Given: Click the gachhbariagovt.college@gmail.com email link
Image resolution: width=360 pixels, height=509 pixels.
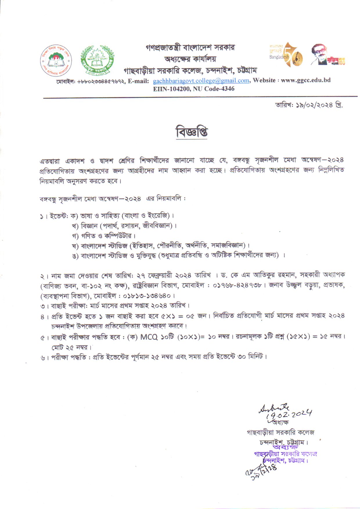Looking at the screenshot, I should click(x=201, y=81).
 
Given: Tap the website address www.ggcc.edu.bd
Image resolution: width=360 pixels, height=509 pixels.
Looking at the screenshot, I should click(x=306, y=80).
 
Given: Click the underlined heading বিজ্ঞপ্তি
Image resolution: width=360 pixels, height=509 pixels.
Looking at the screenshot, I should click(x=192, y=132).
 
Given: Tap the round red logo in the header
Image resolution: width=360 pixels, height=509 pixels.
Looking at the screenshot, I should click(x=56, y=61).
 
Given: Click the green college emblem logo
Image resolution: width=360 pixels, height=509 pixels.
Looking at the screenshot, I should click(x=97, y=61).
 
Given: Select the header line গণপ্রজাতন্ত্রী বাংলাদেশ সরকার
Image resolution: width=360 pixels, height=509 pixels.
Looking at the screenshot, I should click(x=190, y=47).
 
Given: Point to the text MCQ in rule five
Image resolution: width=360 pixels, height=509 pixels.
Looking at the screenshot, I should click(x=149, y=337).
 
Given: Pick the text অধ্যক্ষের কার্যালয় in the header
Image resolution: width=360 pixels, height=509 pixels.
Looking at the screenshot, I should click(x=190, y=59).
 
